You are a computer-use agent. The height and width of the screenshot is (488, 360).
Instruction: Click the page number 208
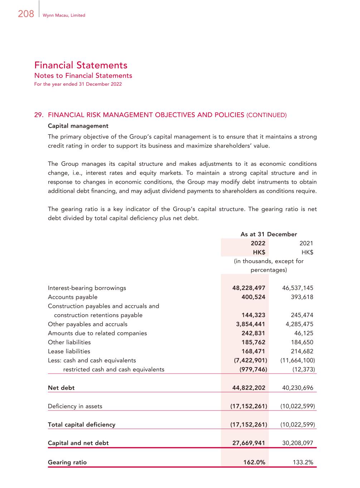pyautogui.click(x=26, y=14)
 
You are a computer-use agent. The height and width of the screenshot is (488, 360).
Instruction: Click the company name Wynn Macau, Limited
pyautogui.click(x=64, y=15)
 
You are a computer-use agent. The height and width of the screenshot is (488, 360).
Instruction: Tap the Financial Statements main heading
pyautogui.click(x=81, y=65)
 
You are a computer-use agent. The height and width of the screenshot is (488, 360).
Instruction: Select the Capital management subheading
pyautogui.click(x=78, y=126)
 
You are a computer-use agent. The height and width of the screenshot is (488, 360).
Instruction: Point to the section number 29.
pyautogui.click(x=39, y=115)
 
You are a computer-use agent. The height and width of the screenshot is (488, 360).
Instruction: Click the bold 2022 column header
pyautogui.click(x=258, y=243)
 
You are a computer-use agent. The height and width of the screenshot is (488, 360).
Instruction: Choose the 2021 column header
pyautogui.click(x=306, y=243)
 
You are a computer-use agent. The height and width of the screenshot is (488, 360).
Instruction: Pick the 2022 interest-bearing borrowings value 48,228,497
pyautogui.click(x=249, y=288)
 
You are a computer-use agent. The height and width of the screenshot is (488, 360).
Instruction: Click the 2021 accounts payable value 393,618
pyautogui.click(x=302, y=297)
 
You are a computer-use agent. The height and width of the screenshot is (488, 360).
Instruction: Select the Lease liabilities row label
pyautogui.click(x=69, y=351)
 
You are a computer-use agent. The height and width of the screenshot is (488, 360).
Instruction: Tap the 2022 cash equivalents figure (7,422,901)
pyautogui.click(x=250, y=360)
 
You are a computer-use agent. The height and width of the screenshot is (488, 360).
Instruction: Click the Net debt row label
pyautogui.click(x=61, y=388)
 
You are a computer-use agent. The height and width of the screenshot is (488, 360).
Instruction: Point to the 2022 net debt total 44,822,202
pyautogui.click(x=249, y=388)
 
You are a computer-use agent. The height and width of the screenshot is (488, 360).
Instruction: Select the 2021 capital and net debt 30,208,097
pyautogui.click(x=297, y=443)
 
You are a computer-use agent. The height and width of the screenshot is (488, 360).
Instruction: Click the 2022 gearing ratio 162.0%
pyautogui.click(x=254, y=462)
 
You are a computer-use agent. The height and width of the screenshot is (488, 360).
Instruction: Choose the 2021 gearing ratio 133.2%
pyautogui.click(x=303, y=462)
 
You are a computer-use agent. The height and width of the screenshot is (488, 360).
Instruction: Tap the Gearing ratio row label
pyautogui.click(x=67, y=462)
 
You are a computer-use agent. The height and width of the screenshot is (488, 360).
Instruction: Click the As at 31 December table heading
pyautogui.click(x=268, y=235)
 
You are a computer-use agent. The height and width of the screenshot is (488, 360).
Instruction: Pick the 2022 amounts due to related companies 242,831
pyautogui.click(x=253, y=333)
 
